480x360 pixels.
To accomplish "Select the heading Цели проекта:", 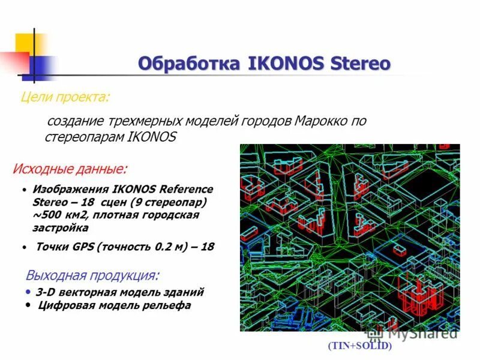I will click(x=65, y=97).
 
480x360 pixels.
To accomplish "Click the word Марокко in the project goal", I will click(x=322, y=121).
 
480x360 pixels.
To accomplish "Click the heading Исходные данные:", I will click(x=70, y=169).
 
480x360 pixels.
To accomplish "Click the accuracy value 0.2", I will click(x=161, y=247).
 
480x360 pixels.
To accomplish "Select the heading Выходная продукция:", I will click(x=92, y=276).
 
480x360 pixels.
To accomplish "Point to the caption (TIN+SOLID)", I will click(x=359, y=346).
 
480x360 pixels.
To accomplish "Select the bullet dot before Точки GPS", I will click(x=23, y=247).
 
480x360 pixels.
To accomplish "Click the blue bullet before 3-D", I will click(x=29, y=292).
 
